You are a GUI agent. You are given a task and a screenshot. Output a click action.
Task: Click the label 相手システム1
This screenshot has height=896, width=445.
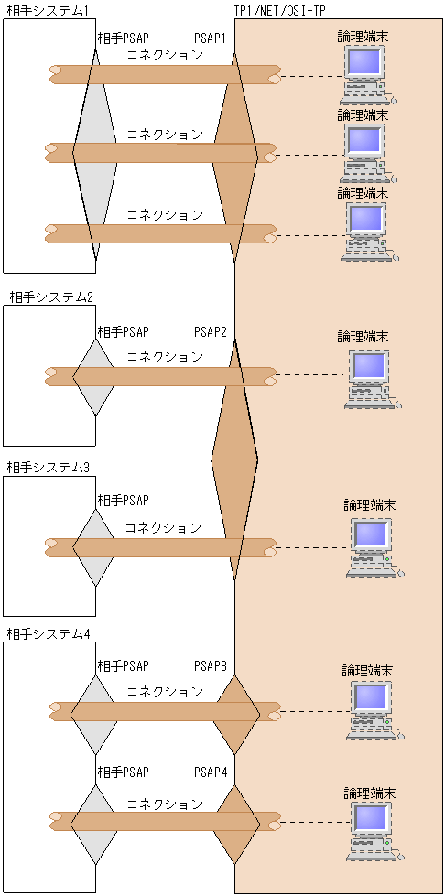[x=47, y=10]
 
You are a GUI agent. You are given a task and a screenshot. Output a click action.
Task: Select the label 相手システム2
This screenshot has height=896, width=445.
[x=51, y=297]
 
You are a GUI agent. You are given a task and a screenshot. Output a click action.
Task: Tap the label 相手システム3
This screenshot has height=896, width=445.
[x=49, y=468]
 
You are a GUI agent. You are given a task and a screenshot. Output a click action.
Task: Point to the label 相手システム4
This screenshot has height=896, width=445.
[x=49, y=634]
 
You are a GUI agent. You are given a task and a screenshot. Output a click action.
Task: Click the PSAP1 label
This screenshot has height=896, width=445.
[x=210, y=38]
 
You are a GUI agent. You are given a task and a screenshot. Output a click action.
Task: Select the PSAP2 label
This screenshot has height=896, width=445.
[x=210, y=331]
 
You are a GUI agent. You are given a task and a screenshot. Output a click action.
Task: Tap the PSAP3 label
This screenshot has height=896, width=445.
[x=210, y=665]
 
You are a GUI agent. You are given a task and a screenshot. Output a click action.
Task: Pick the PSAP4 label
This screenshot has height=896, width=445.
[x=210, y=773]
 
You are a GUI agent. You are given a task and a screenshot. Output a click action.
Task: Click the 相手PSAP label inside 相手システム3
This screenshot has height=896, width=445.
[x=123, y=501]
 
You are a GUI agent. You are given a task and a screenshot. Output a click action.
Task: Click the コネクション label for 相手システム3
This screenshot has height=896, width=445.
[x=163, y=528]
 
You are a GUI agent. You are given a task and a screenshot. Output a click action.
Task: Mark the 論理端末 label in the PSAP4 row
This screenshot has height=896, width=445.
[x=369, y=792]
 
